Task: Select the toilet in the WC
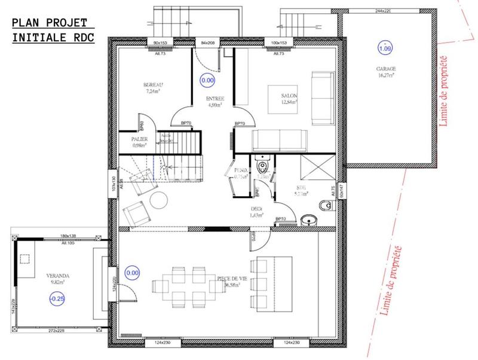261,163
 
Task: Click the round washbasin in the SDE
309,219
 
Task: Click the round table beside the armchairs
159,200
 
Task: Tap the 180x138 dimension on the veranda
71,236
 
